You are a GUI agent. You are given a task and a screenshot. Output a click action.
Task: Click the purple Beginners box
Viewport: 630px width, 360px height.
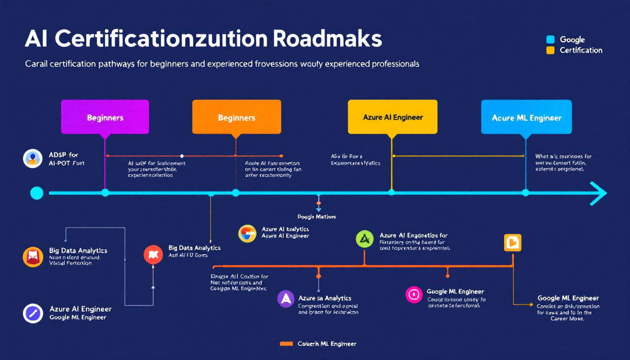[105, 117]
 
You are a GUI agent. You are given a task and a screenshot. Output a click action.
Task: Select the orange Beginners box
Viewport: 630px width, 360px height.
[236, 117]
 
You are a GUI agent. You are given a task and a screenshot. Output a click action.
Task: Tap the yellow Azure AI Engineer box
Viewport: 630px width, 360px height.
[392, 117]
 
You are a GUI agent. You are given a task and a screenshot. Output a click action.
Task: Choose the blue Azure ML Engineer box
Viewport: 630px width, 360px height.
[526, 117]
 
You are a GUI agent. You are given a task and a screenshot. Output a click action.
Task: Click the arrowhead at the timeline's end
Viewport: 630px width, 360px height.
[598, 193]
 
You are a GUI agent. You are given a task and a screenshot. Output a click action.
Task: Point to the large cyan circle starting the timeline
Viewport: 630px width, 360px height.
[37, 193]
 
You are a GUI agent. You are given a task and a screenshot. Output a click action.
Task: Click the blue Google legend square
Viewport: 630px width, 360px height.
[550, 40]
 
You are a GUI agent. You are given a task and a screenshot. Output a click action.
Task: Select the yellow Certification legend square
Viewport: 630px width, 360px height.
[550, 50]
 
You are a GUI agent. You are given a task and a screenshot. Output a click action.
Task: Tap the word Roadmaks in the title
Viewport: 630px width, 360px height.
[327, 40]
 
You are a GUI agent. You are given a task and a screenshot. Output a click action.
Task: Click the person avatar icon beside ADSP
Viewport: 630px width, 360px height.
[32, 158]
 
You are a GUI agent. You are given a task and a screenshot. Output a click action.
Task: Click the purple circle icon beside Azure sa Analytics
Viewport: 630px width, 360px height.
[285, 299]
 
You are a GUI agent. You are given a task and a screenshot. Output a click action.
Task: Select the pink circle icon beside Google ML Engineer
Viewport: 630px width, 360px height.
[414, 294]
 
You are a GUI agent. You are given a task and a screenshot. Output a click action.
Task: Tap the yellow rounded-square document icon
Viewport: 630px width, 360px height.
[512, 242]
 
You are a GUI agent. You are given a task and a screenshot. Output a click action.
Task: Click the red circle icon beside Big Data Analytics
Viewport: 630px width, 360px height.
[153, 254]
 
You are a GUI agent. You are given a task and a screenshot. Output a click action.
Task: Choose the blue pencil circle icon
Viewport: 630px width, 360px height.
[32, 313]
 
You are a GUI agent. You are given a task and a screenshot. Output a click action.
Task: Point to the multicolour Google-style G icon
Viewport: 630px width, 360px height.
[247, 233]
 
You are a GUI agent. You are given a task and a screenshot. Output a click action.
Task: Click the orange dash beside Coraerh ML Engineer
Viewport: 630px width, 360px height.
[286, 344]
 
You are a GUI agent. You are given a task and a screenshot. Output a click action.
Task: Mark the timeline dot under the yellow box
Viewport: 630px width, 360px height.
[391, 192]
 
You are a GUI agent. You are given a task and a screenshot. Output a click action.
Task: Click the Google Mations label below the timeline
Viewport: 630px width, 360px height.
[317, 217]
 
